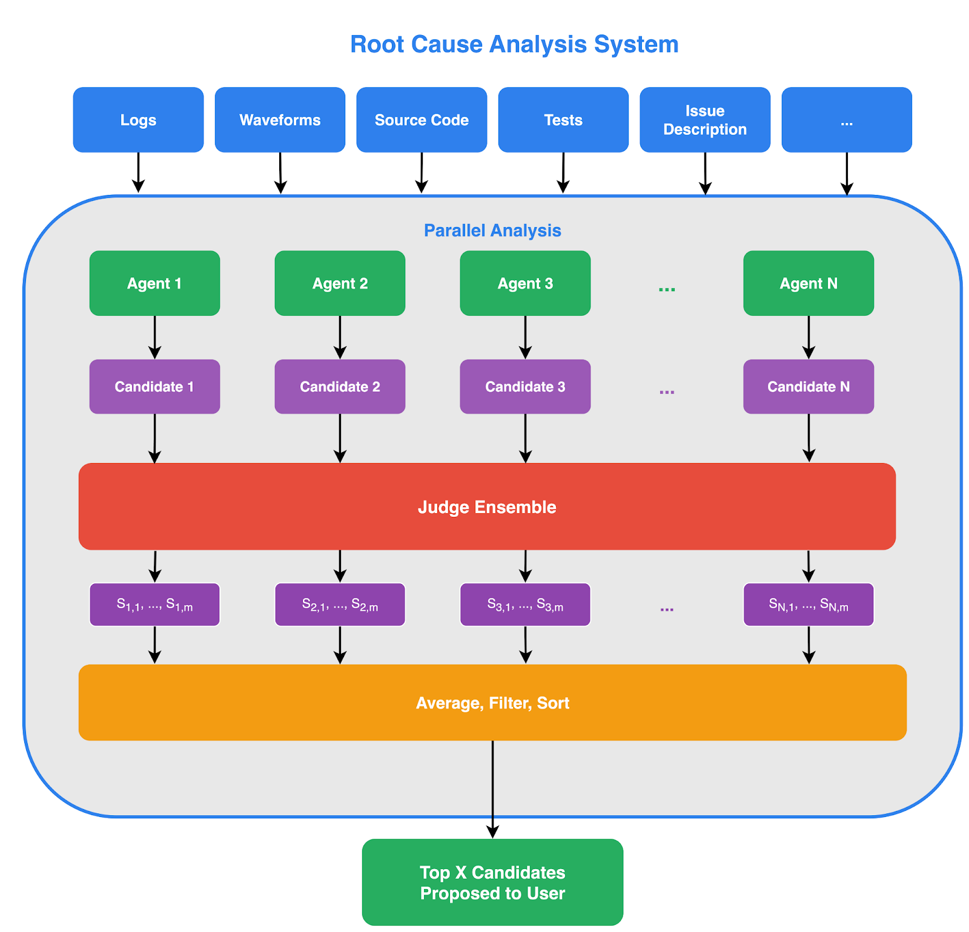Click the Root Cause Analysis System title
point(514,44)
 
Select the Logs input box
point(138,120)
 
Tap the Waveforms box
point(280,120)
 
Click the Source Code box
point(422,120)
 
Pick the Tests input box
point(563,120)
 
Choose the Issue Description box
point(705,120)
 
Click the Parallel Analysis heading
point(492,231)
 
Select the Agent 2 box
point(340,283)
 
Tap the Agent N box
point(809,283)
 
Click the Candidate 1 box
point(154,387)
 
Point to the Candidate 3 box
point(525,387)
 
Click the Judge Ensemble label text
point(487,507)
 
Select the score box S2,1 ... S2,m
point(340,605)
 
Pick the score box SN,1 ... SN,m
point(809,605)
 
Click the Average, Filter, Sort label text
point(492,703)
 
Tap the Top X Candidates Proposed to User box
point(492,882)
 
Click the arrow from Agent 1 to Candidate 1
point(154,337)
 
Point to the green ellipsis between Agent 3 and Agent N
point(667,288)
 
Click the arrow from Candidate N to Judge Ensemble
point(809,438)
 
